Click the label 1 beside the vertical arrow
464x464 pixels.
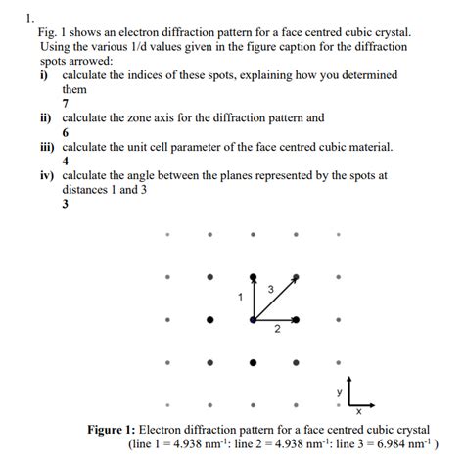pyautogui.click(x=238, y=295)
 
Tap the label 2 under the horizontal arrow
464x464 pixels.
pyautogui.click(x=277, y=329)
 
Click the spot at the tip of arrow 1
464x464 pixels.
pyautogui.click(x=254, y=277)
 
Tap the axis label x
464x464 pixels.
pyautogui.click(x=358, y=411)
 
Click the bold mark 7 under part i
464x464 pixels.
pyautogui.click(x=65, y=103)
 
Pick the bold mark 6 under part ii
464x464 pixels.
pyautogui.click(x=65, y=132)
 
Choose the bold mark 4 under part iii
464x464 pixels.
pyautogui.click(x=65, y=162)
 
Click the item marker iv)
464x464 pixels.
pyautogui.click(x=49, y=176)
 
